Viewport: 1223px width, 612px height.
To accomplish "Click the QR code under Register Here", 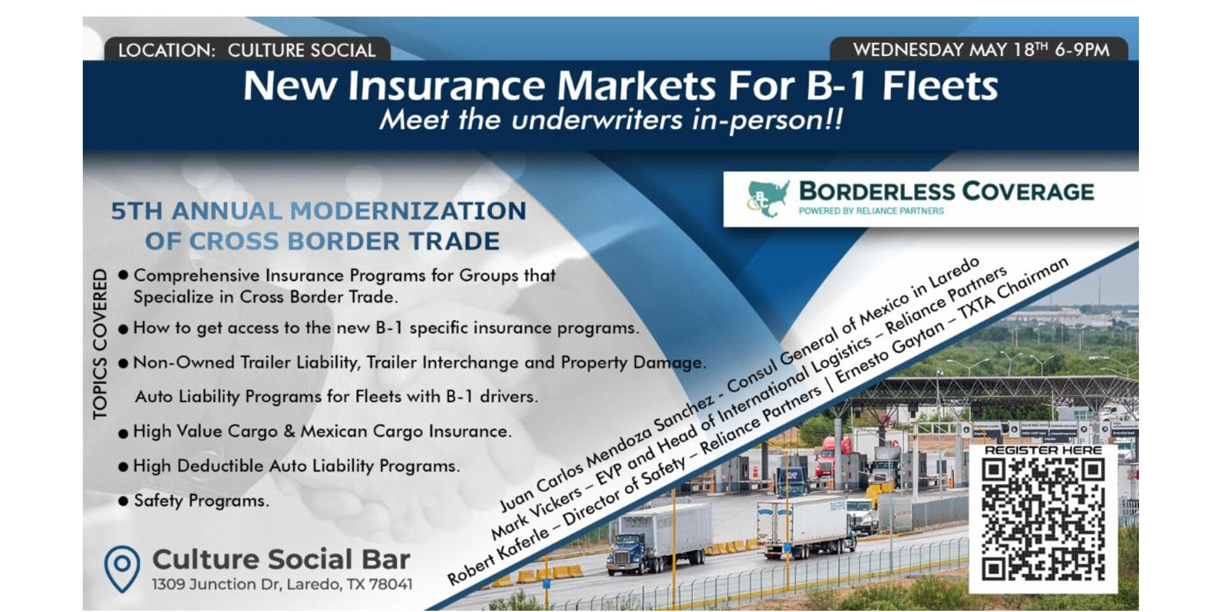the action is click(1043, 520).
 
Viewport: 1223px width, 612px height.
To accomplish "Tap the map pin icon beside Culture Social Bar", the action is click(122, 569).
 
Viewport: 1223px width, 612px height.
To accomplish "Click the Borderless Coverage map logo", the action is click(768, 198).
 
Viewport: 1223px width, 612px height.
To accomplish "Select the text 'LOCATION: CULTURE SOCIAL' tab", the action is click(247, 50).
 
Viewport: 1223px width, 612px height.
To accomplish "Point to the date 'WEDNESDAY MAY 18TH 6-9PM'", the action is click(981, 49).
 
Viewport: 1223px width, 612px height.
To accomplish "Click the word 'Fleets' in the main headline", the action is click(940, 86).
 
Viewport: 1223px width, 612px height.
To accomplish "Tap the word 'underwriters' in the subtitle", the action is click(597, 120).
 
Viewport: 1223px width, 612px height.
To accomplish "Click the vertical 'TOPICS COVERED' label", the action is click(100, 344).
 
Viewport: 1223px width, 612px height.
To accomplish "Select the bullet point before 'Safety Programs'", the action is click(123, 501).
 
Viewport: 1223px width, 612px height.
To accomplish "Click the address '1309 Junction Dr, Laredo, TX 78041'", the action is click(282, 584).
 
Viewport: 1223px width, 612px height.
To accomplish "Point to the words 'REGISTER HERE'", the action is click(1043, 450).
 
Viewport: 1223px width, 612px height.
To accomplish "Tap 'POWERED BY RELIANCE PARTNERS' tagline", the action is click(871, 210).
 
